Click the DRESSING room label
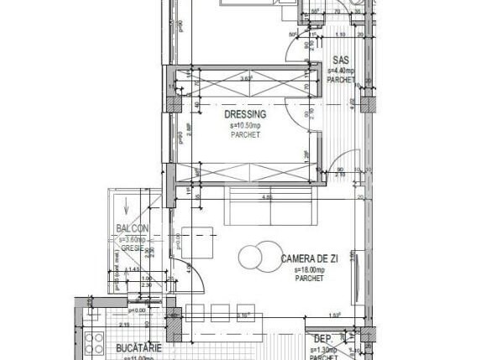(245, 114)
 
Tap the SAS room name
(341, 60)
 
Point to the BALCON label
(133, 229)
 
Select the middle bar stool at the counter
(223, 311)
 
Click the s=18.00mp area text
(310, 270)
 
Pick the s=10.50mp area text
(245, 125)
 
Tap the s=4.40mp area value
(342, 71)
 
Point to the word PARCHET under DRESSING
(245, 134)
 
